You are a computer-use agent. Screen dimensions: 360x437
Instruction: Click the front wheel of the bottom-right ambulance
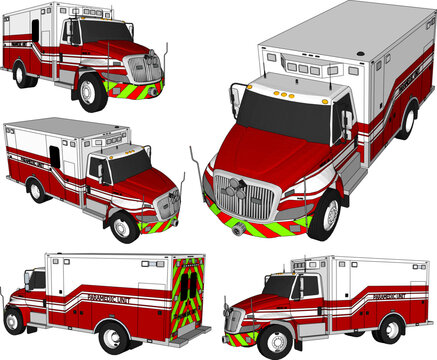[x=270, y=340]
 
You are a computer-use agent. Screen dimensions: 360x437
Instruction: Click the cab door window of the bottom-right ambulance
[x=308, y=286]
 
